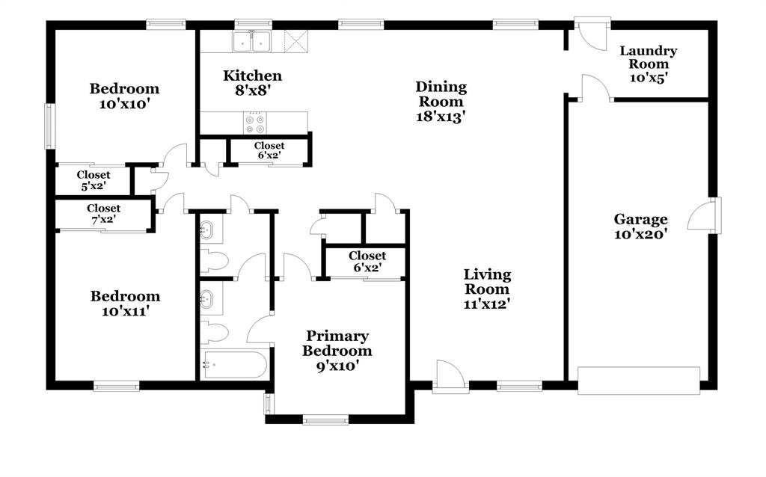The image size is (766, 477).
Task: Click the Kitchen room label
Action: pyautogui.click(x=253, y=82)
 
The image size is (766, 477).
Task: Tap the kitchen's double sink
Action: pyautogui.click(x=251, y=43)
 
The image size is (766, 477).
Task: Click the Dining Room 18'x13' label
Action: pyautogui.click(x=441, y=102)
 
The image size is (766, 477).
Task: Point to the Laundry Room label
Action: pyautogui.click(x=648, y=64)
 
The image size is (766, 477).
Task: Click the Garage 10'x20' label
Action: pyautogui.click(x=640, y=226)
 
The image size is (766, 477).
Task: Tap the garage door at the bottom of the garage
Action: pyautogui.click(x=639, y=380)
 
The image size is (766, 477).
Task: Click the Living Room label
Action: pyautogui.click(x=487, y=289)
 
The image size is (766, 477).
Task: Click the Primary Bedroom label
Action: pyautogui.click(x=337, y=351)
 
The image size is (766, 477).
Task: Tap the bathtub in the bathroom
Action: pyautogui.click(x=234, y=365)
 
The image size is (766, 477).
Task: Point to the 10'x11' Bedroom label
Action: pyautogui.click(x=125, y=303)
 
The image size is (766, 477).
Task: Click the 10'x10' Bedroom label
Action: pyautogui.click(x=124, y=96)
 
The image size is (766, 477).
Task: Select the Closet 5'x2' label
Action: pyautogui.click(x=93, y=180)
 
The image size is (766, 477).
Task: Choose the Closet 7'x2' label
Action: pyautogui.click(x=103, y=214)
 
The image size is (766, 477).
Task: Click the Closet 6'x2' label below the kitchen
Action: pyautogui.click(x=269, y=151)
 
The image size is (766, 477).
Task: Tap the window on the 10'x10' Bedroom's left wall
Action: pyautogui.click(x=51, y=125)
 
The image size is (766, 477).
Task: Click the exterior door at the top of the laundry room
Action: pyautogui.click(x=592, y=31)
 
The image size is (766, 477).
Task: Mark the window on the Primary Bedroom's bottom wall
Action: pyautogui.click(x=325, y=419)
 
